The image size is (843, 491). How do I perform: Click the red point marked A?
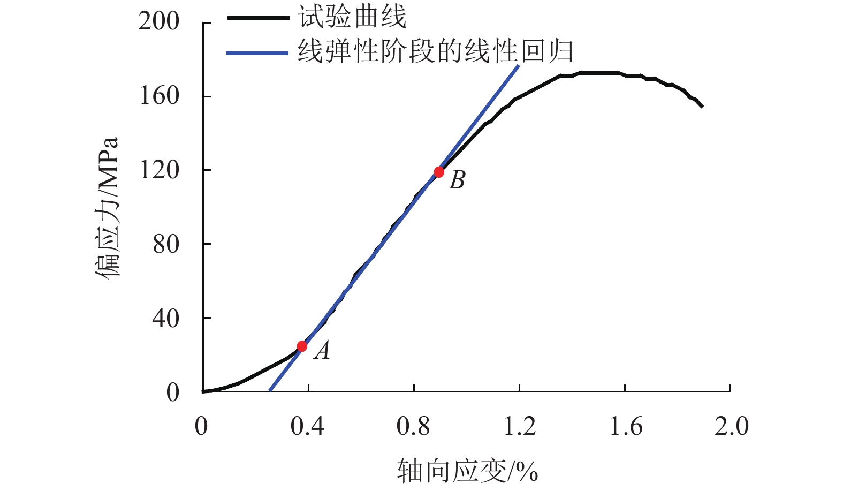click(302, 346)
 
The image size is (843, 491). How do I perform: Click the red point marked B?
click(439, 172)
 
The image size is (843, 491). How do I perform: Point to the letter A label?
click(322, 351)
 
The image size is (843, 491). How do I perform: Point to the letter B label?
click(457, 180)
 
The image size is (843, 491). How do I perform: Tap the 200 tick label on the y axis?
click(158, 22)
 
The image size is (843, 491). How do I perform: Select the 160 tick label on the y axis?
click(158, 96)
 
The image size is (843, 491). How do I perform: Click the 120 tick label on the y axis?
click(158, 170)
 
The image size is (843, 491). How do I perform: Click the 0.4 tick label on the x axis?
click(307, 427)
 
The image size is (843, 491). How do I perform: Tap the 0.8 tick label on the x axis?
click(413, 427)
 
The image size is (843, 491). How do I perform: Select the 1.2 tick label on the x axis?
click(520, 427)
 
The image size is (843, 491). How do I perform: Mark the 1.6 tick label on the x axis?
click(626, 427)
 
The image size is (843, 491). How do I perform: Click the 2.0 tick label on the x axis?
click(732, 427)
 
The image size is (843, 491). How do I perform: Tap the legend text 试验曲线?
click(352, 18)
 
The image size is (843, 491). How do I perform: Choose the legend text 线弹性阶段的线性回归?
click(435, 52)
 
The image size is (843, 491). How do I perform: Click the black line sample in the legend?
click(258, 18)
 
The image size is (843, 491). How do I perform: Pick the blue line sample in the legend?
click(258, 53)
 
